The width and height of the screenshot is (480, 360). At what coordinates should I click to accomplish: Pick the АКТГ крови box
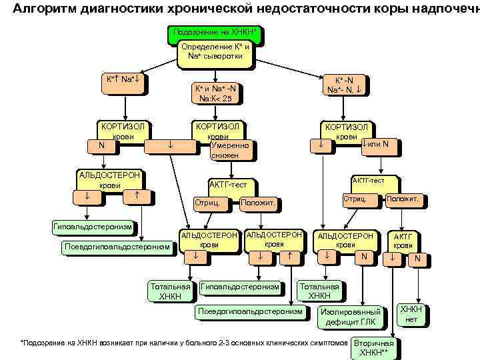click(403, 241)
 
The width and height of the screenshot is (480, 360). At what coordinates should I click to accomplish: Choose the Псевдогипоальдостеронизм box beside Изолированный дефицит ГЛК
click(251, 312)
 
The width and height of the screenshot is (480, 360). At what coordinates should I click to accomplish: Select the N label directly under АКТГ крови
click(418, 259)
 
